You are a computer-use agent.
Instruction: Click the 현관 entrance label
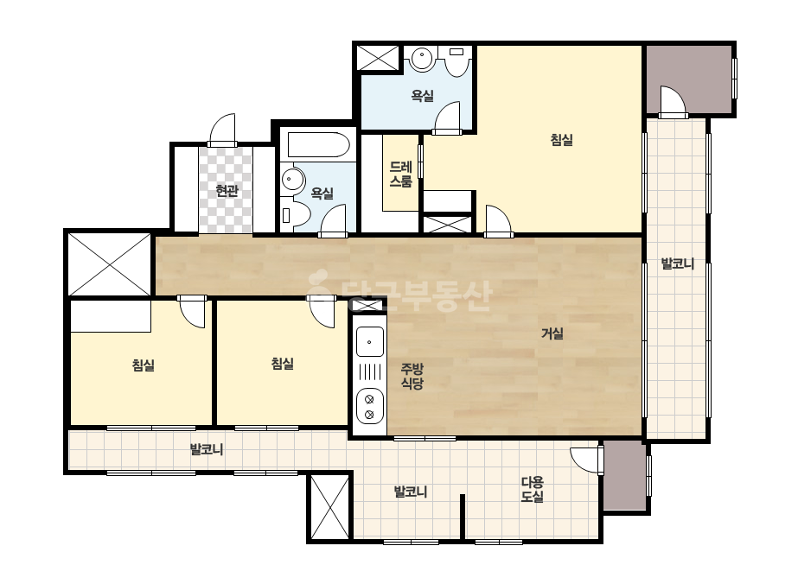tap(227, 191)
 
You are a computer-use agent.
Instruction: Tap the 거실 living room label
tap(552, 333)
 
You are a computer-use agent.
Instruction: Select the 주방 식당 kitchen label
tap(412, 377)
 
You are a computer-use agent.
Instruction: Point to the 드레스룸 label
tap(400, 175)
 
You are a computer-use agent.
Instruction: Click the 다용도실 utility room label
tap(533, 489)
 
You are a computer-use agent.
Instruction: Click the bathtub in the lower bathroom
tap(318, 145)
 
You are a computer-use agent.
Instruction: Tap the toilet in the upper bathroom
tap(456, 61)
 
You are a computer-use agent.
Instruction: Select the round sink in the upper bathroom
tap(422, 59)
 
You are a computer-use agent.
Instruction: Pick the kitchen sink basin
tap(370, 341)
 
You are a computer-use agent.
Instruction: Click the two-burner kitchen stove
tap(370, 406)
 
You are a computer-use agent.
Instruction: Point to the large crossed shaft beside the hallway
tap(110, 264)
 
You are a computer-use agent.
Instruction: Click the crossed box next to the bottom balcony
tap(329, 507)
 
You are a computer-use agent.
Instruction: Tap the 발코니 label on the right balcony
tap(677, 263)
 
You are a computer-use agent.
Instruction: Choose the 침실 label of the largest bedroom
tap(562, 139)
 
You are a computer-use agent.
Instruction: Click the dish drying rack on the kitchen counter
tap(370, 372)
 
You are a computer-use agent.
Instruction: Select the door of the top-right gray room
tap(673, 102)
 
